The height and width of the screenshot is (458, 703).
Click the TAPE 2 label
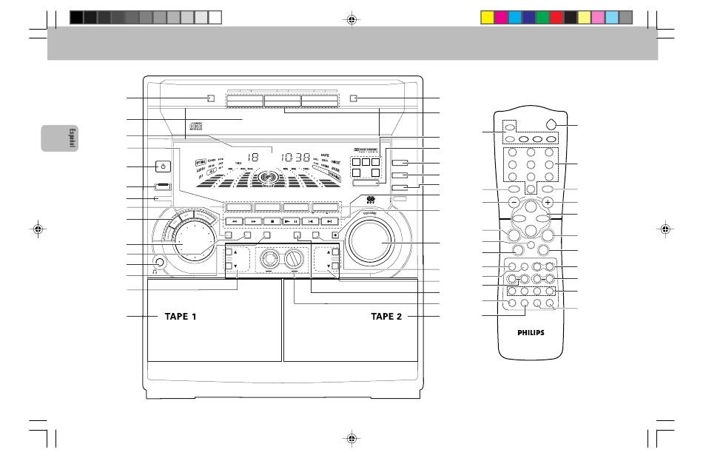tap(386, 317)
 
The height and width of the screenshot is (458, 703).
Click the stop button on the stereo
tap(274, 220)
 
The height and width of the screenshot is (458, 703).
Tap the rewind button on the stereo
tap(233, 220)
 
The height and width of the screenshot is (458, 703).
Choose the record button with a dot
tap(334, 235)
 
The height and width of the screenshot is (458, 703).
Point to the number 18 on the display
tap(252, 158)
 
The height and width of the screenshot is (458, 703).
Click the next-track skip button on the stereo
tap(329, 220)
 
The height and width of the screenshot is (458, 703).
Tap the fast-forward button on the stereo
tap(253, 220)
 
